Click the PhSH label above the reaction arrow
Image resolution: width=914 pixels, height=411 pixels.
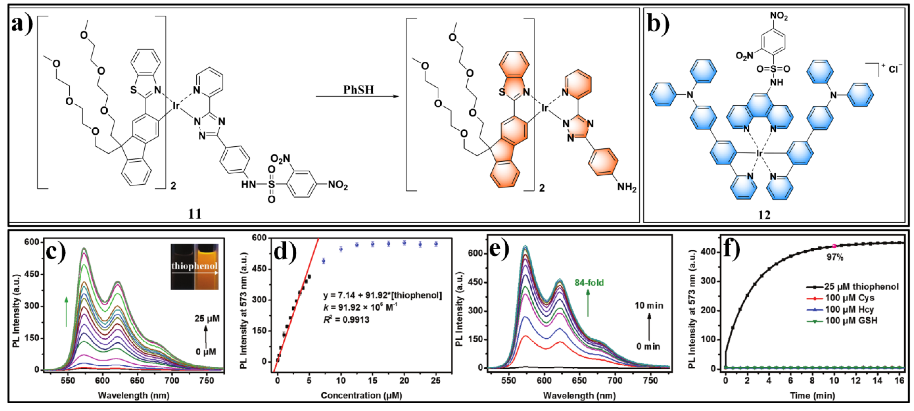[x=358, y=90]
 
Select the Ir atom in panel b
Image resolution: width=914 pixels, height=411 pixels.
[x=759, y=153]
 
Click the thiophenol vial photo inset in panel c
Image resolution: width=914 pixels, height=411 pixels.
[x=194, y=266]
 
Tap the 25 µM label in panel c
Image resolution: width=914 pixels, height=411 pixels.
[x=207, y=319]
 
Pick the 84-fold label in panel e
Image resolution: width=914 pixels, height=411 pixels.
[x=589, y=283]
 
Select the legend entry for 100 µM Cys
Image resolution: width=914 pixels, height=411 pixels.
[x=849, y=298]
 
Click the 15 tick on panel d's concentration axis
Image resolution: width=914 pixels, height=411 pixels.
[x=372, y=381]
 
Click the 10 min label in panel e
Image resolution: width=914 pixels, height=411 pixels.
[x=649, y=306]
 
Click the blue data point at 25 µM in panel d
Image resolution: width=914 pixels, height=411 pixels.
[x=436, y=244]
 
